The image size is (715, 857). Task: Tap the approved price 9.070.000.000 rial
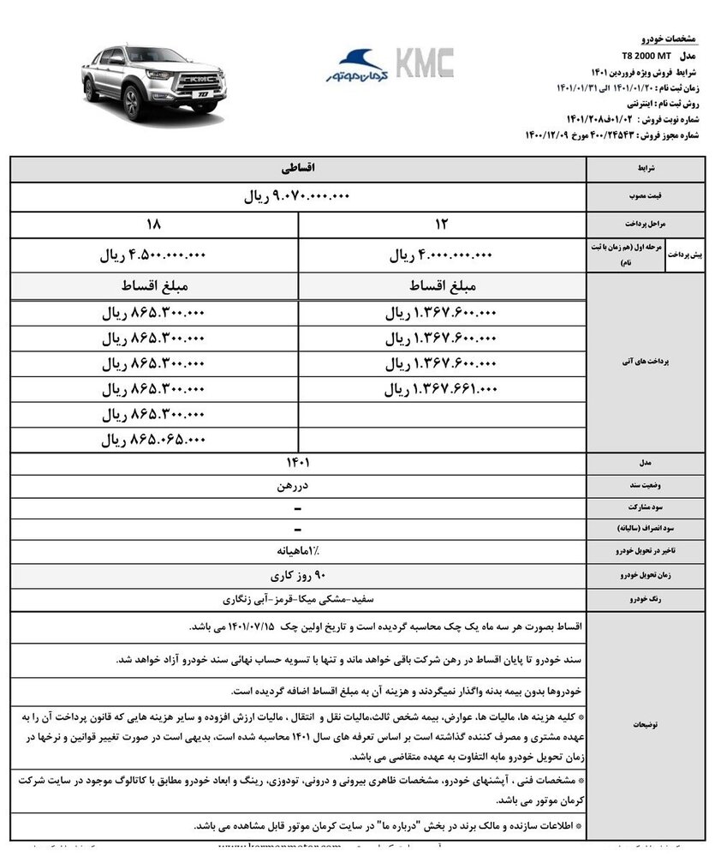(x=298, y=196)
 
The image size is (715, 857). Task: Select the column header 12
(x=443, y=225)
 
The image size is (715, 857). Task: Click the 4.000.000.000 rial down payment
(x=443, y=255)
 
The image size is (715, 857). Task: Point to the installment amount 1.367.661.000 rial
(x=443, y=388)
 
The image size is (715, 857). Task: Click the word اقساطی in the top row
(x=298, y=168)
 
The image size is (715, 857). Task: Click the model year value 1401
(x=298, y=464)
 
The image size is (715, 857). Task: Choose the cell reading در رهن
(x=298, y=486)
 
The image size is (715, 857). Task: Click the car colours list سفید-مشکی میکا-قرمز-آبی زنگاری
(x=298, y=598)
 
